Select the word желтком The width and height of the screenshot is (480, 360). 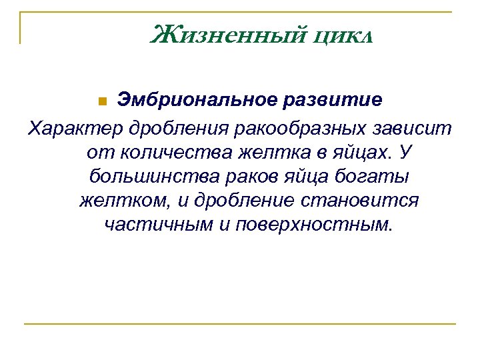[x=118, y=201]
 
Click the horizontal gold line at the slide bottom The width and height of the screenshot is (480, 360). [x=240, y=324]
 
